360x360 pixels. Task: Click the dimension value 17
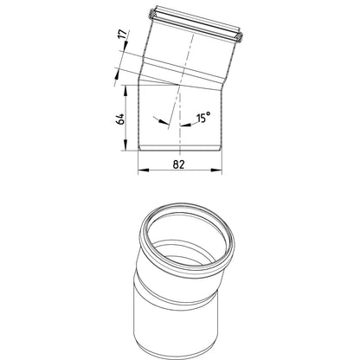tap(123, 35)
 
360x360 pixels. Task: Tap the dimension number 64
tap(120, 119)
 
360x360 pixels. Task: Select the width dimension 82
tap(178, 164)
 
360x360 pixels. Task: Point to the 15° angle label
tap(203, 118)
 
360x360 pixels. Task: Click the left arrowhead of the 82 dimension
tap(144, 170)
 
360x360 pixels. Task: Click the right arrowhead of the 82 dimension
tap(216, 170)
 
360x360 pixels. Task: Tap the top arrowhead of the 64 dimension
tap(125, 90)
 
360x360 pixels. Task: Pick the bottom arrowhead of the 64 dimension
tap(125, 145)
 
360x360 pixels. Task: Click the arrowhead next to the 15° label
tap(185, 125)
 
